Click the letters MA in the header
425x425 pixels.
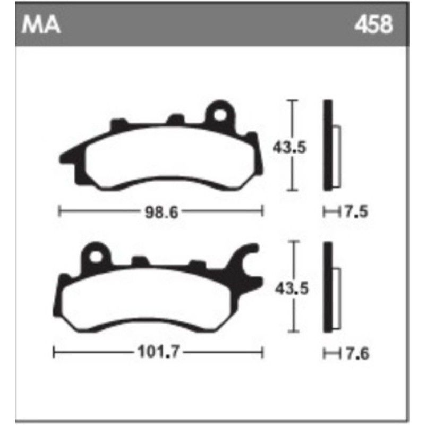click(x=40, y=25)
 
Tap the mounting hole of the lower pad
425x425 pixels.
click(x=96, y=256)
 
